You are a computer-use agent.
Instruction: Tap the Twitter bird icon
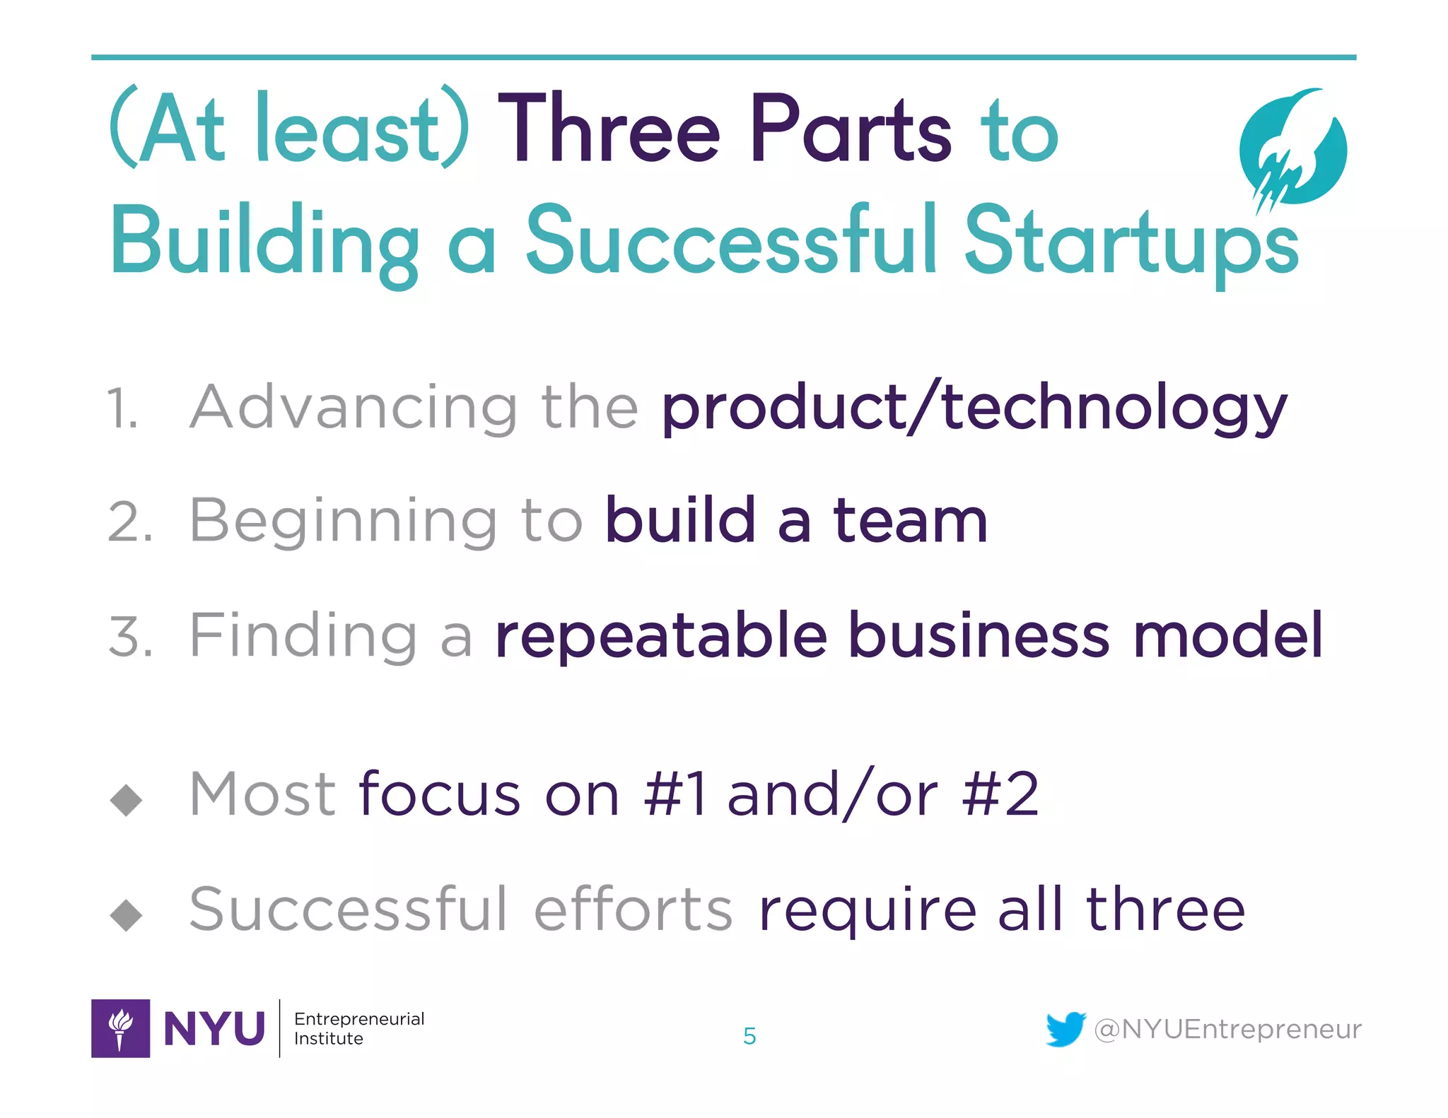(x=1065, y=1029)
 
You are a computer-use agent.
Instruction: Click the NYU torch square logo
(x=120, y=1028)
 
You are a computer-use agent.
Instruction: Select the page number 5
(x=749, y=1036)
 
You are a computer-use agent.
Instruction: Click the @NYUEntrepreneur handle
(x=1227, y=1029)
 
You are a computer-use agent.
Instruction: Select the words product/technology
(x=974, y=408)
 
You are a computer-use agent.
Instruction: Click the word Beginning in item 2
(x=344, y=522)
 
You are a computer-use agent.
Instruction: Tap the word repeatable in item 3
(x=661, y=636)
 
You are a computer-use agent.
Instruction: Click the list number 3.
(x=129, y=636)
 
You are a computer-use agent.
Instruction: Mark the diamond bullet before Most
(x=127, y=799)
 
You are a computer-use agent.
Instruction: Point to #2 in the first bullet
(x=1000, y=795)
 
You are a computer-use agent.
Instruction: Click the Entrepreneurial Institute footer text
(x=358, y=1028)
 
